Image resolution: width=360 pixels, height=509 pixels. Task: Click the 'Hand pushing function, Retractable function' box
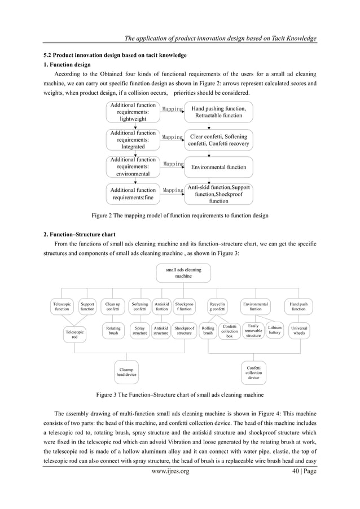click(218, 112)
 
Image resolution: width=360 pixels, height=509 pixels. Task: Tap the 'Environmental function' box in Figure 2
click(218, 167)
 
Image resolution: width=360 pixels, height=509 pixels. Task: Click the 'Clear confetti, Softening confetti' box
click(218, 140)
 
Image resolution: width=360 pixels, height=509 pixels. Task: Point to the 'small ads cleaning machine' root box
click(183, 273)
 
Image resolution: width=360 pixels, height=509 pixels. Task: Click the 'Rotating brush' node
click(113, 330)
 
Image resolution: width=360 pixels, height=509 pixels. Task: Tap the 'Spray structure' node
click(139, 330)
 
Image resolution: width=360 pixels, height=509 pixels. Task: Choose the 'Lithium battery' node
click(275, 330)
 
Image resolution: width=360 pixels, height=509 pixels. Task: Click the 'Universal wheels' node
click(298, 330)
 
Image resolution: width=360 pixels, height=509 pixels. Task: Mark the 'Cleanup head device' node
click(126, 371)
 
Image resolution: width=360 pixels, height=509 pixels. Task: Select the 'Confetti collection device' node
click(254, 371)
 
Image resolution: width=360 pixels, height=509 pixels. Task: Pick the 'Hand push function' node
click(298, 306)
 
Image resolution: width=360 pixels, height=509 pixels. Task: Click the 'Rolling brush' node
click(208, 330)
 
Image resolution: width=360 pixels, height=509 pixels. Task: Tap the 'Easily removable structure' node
click(253, 330)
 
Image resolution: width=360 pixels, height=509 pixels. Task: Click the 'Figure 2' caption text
click(179, 216)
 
